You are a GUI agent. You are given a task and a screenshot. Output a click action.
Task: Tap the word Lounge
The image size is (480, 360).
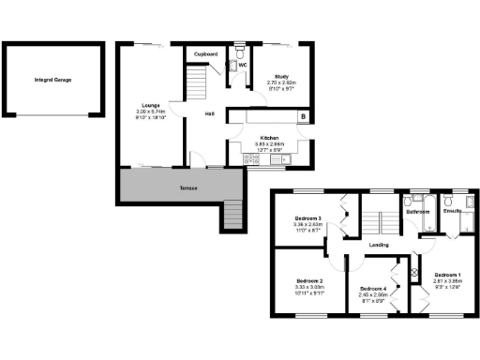coord(149,104)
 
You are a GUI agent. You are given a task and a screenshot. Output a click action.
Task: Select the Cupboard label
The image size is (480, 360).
coord(206,54)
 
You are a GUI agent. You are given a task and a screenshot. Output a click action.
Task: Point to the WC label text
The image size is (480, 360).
coord(242,66)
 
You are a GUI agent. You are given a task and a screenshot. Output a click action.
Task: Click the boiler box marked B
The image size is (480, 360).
coord(303,115)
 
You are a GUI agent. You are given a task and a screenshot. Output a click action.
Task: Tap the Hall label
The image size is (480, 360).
coord(212,114)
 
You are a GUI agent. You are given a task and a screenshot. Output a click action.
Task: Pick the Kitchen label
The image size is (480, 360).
coord(270,137)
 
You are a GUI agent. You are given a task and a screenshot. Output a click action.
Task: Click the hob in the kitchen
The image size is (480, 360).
coord(251,159)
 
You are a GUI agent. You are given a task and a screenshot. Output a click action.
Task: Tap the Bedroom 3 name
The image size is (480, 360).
coord(307,217)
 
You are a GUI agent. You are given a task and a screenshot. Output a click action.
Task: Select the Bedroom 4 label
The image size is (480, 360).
coord(372,288)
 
